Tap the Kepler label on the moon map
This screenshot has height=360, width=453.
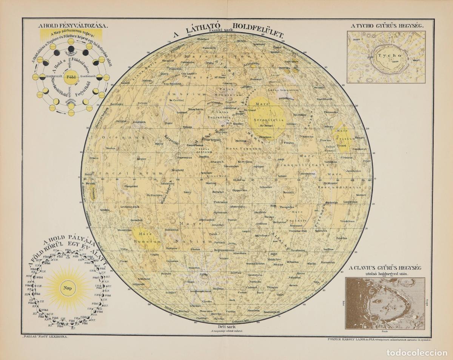tap(142, 159)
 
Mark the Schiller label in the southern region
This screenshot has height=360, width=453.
tap(171, 292)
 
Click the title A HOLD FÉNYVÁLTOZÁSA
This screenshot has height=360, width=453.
tap(73, 26)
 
